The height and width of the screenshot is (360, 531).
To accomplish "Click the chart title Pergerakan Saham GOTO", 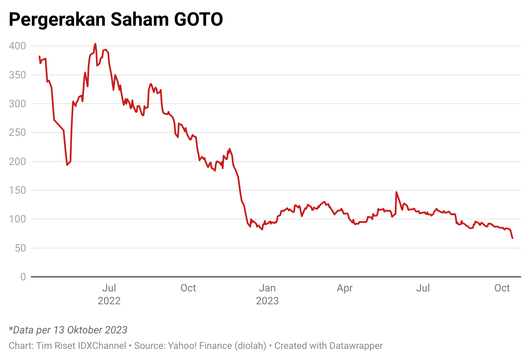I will pyautogui.click(x=116, y=19).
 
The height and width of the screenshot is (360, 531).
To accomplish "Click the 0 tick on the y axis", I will pyautogui.click(x=23, y=277).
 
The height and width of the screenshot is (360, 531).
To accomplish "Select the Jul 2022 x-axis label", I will pyautogui.click(x=109, y=294).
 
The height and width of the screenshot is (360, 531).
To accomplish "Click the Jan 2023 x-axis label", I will pyautogui.click(x=267, y=294).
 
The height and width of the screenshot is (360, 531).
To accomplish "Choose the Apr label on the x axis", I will pyautogui.click(x=345, y=288).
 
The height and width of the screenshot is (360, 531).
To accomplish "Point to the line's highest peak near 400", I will pyautogui.click(x=95, y=44).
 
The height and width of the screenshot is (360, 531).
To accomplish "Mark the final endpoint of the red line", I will pyautogui.click(x=512, y=238).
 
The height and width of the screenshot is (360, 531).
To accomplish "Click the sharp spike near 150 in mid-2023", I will pyautogui.click(x=396, y=192).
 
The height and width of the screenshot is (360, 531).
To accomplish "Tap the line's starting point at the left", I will pyautogui.click(x=39, y=57).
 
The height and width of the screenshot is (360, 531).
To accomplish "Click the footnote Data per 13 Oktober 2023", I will pyautogui.click(x=68, y=330).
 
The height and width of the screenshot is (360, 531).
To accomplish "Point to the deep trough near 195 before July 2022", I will pyautogui.click(x=67, y=165).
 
